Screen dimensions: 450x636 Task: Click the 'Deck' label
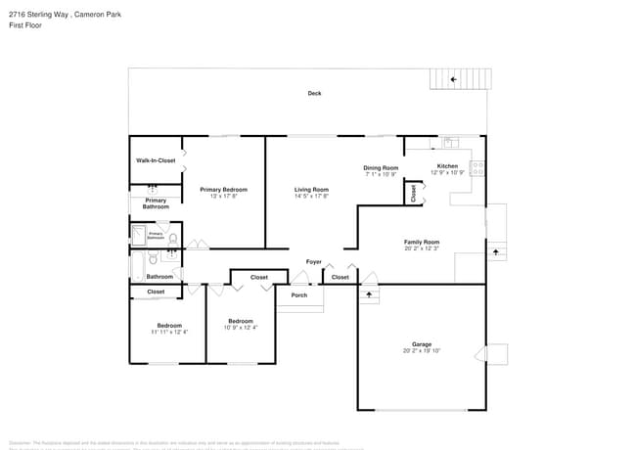[x=314, y=94]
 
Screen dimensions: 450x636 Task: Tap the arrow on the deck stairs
[x=453, y=79]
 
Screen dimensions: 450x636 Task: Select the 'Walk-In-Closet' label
[x=156, y=160]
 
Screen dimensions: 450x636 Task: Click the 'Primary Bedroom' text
[x=223, y=190]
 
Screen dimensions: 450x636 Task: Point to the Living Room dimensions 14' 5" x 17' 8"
[x=311, y=197]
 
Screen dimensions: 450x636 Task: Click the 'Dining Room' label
[x=382, y=167]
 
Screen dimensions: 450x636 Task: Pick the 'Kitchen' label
[x=447, y=166]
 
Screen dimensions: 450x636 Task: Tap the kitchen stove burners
[x=477, y=167]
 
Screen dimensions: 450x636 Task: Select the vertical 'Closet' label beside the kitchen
[x=413, y=193]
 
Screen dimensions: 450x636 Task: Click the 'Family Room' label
[x=422, y=242]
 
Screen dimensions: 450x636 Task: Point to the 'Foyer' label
[x=314, y=262]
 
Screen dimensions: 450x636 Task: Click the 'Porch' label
[x=299, y=295]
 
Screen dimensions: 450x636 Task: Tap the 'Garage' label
[x=422, y=344]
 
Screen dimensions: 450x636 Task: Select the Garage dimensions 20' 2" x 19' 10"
[x=422, y=351]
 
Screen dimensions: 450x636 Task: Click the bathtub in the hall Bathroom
[x=138, y=262]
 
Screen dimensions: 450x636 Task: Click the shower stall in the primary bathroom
[x=139, y=235]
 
